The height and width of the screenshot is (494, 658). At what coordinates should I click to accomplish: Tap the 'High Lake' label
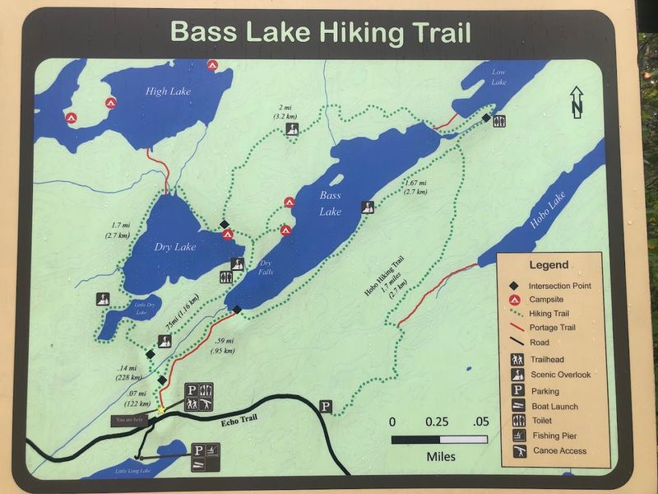pos(168,91)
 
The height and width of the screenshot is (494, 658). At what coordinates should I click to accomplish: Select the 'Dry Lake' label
pos(175,246)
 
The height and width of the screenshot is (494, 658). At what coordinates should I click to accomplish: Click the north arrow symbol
pos(577,102)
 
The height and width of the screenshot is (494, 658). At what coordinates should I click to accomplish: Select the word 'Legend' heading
pos(548,265)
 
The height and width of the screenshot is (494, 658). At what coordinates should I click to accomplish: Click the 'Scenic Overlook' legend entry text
pos(560,375)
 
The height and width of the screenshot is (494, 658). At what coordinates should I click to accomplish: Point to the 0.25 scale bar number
pos(437,422)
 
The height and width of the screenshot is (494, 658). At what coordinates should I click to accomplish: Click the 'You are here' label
pos(131,420)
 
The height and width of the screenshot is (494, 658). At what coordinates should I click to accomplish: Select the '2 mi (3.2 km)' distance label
pos(290,113)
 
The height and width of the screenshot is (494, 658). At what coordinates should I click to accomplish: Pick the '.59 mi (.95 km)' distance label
pos(223,346)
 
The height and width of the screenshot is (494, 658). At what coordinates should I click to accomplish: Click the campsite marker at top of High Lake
pos(212,65)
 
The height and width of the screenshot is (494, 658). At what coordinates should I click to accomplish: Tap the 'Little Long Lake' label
pos(132,470)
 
